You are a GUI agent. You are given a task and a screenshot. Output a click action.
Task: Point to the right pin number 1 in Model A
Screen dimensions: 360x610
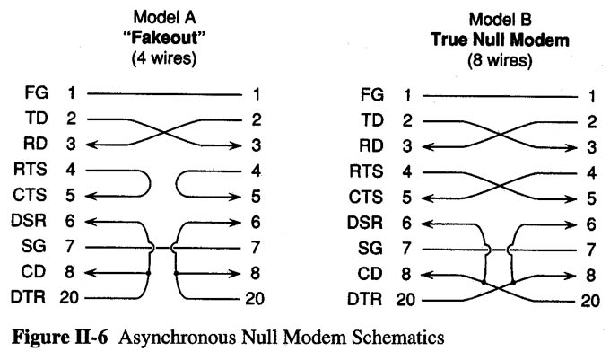coord(257,92)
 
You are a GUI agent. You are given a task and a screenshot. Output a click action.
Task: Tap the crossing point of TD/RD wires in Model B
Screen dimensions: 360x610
coord(501,132)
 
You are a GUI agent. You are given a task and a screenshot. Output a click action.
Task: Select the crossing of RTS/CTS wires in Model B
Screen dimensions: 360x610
coord(501,183)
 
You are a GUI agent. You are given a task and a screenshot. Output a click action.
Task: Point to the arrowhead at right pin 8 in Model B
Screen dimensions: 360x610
coord(572,275)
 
